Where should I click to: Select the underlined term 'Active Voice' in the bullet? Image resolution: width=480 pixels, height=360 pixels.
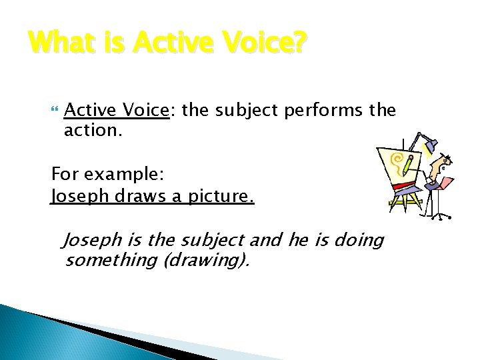[117, 109]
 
